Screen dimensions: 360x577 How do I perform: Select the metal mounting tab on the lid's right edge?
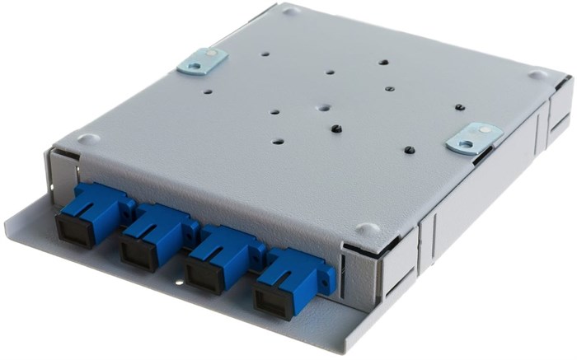pyautogui.click(x=473, y=138)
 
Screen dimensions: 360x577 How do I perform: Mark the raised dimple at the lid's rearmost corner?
pyautogui.click(x=290, y=12)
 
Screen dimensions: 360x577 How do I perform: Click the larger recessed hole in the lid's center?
pyautogui.click(x=324, y=109)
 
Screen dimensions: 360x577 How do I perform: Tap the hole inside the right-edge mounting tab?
pyautogui.click(x=467, y=143)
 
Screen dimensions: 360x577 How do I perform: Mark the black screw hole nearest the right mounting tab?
pyautogui.click(x=410, y=150)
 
